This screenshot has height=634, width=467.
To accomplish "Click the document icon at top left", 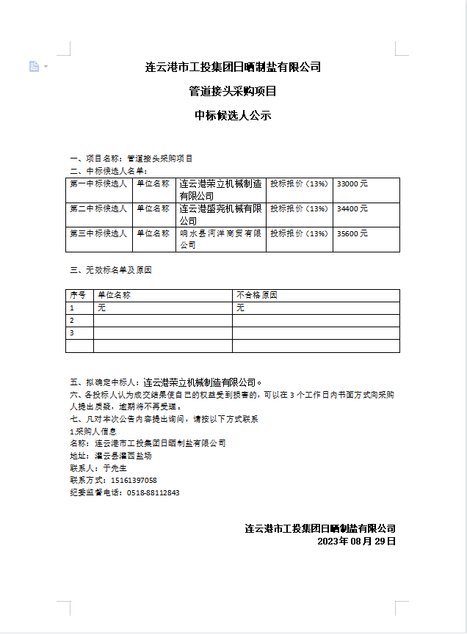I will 34,67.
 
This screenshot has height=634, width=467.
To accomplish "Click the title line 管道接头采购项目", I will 233,92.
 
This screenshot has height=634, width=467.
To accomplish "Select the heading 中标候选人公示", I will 233,115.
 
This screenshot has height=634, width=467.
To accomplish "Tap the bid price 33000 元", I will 352,184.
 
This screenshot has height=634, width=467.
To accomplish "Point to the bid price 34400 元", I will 352,209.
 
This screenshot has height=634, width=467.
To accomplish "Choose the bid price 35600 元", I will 352,234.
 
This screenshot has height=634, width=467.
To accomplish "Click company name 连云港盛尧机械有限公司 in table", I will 220,214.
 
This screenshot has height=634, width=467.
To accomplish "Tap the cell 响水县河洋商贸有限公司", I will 220,239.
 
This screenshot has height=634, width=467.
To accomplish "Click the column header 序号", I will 78,296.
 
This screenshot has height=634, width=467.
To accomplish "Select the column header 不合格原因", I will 257,296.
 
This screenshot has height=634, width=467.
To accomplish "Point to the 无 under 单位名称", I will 101,308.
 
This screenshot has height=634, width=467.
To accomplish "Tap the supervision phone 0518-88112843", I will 153,493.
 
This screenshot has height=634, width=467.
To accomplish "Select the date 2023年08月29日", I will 356,542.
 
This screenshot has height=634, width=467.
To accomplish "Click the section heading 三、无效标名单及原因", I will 110,271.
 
